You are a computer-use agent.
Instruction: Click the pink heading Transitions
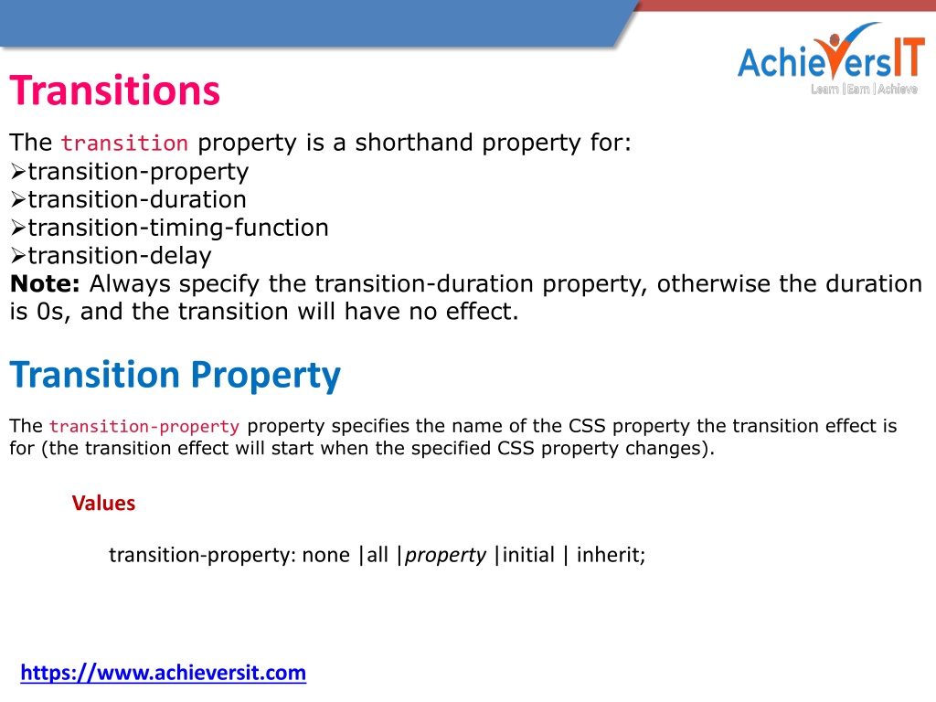point(114,90)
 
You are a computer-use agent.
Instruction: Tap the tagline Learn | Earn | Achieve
point(864,89)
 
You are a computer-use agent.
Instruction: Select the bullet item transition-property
point(138,172)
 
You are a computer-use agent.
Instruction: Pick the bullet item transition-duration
point(137,199)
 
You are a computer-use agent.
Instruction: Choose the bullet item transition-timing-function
point(178,228)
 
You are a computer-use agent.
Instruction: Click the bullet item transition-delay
point(120,256)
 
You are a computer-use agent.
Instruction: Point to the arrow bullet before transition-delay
point(18,256)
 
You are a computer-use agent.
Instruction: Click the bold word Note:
point(45,283)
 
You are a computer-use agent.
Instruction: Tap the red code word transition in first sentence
point(124,144)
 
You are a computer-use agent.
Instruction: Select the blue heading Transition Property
point(175,375)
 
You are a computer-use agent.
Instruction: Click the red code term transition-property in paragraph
point(144,426)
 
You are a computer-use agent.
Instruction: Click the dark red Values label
point(103,504)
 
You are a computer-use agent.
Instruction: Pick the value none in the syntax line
point(326,555)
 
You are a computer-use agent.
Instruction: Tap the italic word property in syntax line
point(445,556)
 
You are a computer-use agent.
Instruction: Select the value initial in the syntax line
point(528,555)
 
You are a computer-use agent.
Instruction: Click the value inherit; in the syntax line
point(611,555)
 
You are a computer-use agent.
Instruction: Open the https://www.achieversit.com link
point(163,673)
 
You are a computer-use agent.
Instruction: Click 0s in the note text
point(50,312)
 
